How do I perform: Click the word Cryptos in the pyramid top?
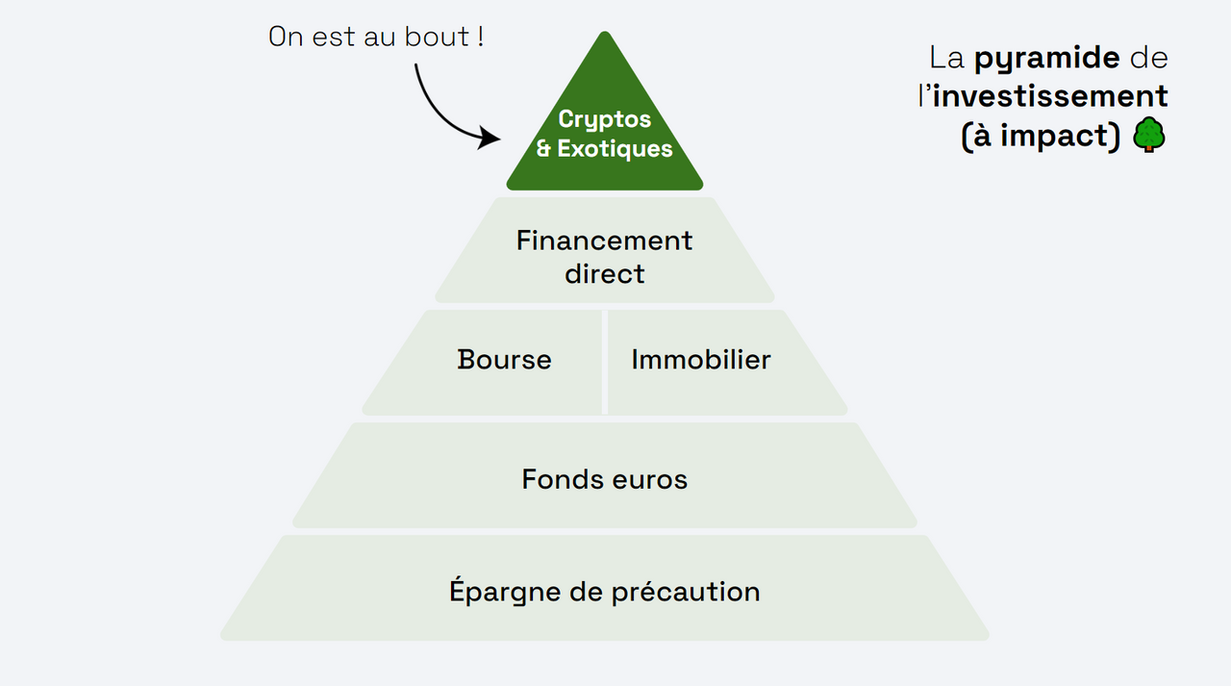point(605,119)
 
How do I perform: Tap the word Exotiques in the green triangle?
point(615,150)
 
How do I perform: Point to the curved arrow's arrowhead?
point(492,139)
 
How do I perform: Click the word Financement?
point(604,241)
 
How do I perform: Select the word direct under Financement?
point(604,274)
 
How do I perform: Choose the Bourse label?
point(504,361)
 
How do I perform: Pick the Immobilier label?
point(701,361)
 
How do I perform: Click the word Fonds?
point(553,479)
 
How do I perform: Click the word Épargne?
point(504,592)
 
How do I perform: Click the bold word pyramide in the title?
point(1046,59)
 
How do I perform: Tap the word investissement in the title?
point(1050,97)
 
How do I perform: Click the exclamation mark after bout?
point(480,38)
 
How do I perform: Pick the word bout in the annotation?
point(441,38)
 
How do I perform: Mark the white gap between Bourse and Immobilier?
point(605,362)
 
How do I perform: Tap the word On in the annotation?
point(286,38)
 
